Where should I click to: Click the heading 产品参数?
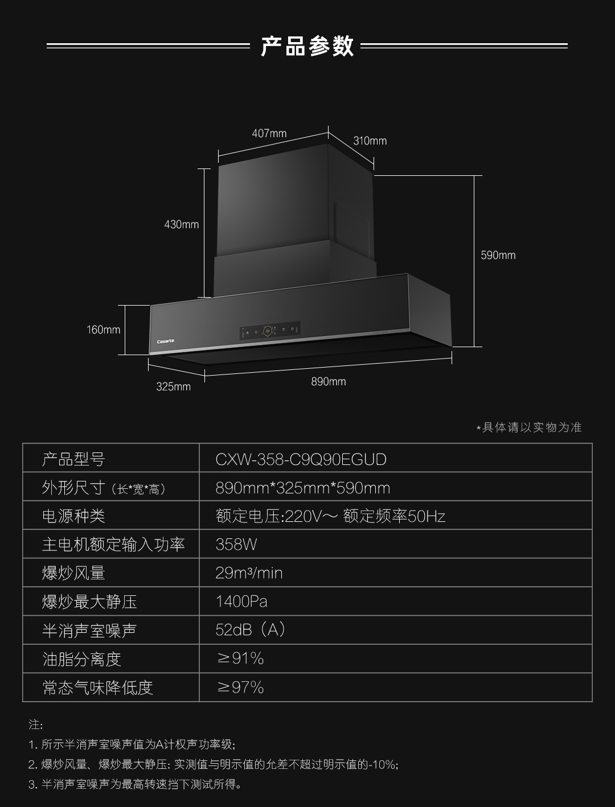[x=307, y=46]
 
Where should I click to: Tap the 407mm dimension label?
[x=269, y=134]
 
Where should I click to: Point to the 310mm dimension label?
[x=370, y=141]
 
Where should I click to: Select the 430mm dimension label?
[x=182, y=224]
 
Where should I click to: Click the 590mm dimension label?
[x=498, y=255]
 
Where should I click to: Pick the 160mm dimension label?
[x=104, y=330]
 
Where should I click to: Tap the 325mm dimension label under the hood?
[x=174, y=386]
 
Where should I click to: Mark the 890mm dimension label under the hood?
[x=329, y=381]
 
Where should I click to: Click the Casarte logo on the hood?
[x=166, y=341]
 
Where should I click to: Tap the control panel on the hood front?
[x=270, y=330]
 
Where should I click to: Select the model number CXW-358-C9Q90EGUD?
[x=301, y=459]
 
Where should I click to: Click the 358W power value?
[x=236, y=545]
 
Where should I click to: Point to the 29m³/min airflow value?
[x=249, y=573]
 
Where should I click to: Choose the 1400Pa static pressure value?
[x=241, y=602]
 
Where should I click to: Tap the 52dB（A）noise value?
[x=251, y=630]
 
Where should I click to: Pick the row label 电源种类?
[x=73, y=516]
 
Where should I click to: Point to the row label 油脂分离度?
[x=82, y=659]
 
